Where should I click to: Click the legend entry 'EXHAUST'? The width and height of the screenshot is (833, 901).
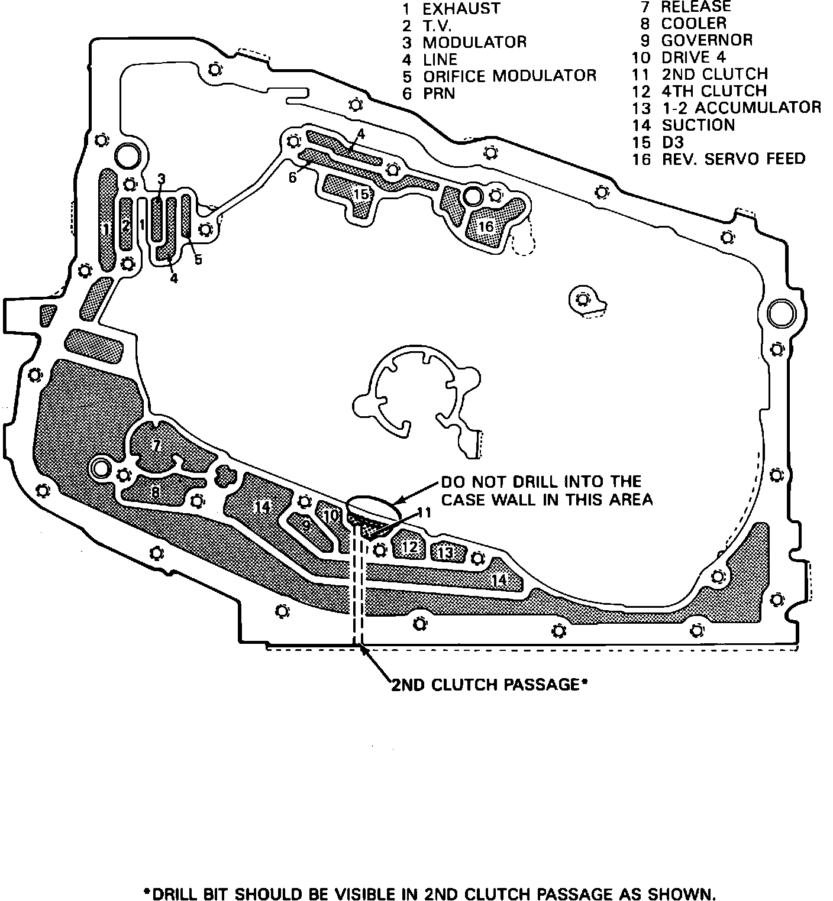pos(461,9)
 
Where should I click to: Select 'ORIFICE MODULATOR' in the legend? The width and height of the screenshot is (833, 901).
pos(509,76)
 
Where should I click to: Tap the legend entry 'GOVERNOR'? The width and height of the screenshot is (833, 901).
pos(706,41)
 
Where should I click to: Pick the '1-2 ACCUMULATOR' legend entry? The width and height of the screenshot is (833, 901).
pos(741,108)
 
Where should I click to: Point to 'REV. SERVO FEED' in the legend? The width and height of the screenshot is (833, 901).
pos(733,159)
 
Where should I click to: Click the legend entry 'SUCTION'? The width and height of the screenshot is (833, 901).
pos(698,125)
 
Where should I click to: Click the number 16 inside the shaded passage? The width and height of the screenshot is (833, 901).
pos(486,227)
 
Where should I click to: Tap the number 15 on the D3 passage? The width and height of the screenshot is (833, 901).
pos(361,194)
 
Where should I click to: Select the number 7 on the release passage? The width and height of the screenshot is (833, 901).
pos(157,446)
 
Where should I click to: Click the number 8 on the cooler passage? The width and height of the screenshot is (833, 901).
pos(155,491)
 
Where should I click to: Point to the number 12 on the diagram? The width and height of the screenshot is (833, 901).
pos(409,547)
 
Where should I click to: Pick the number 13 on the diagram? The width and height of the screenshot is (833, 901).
pos(445,553)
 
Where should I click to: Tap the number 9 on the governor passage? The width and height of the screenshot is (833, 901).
pos(306,525)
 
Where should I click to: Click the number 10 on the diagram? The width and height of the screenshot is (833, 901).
pos(330,516)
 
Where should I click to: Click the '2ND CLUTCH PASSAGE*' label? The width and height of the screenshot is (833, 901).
pos(489,685)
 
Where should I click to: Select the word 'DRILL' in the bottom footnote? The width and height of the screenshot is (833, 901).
pos(177,878)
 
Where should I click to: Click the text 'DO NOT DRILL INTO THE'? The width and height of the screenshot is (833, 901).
pos(541,481)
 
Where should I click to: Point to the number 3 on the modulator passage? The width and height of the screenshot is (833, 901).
pos(162,179)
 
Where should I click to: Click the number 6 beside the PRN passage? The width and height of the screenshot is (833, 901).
pos(292,177)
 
